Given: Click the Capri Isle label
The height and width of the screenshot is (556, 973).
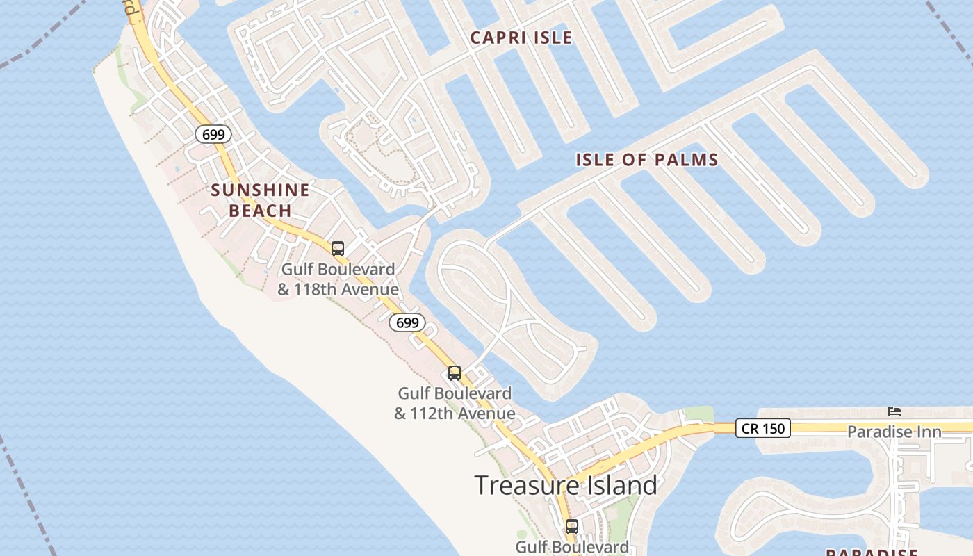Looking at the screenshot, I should (521, 38).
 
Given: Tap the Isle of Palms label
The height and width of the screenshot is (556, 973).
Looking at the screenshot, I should (646, 160).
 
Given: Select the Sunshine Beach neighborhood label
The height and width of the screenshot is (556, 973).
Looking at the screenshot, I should (260, 199).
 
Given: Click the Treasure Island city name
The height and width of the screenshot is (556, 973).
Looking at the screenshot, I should (565, 484).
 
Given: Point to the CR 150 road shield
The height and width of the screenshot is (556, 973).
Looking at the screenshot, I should (763, 429).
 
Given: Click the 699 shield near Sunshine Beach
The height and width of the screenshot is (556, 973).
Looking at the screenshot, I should (213, 134).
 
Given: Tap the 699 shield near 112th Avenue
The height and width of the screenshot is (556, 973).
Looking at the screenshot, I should (407, 322).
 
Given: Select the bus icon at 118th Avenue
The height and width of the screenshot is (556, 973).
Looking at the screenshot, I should (338, 248).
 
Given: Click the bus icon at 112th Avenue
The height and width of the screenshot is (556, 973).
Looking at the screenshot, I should (455, 373).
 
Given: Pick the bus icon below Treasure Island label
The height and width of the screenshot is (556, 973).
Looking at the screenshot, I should (572, 527).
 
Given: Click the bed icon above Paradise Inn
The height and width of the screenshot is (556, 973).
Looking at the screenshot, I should (894, 411).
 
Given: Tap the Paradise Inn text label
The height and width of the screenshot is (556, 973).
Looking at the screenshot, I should (894, 432).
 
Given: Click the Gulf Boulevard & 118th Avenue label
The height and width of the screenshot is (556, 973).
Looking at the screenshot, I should (338, 279).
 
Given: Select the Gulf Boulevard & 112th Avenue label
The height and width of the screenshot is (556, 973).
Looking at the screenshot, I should (455, 403).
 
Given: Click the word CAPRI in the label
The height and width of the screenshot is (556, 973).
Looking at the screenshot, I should (497, 38).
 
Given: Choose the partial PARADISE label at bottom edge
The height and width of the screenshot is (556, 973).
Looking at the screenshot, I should (872, 552).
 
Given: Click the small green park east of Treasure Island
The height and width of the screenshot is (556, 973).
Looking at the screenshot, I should (698, 415).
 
